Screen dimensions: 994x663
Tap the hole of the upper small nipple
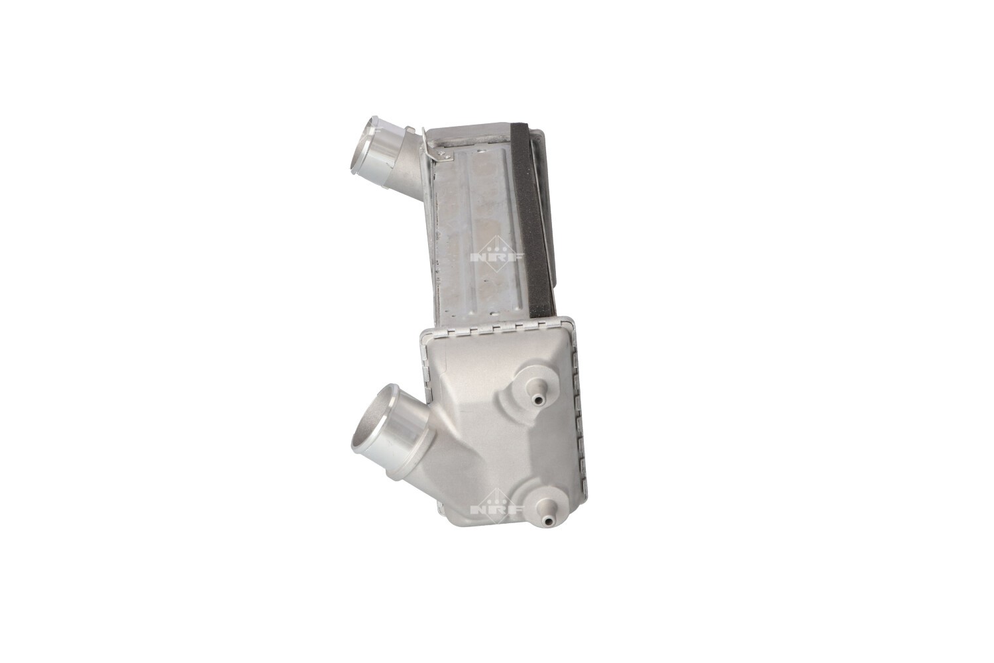point(538,400)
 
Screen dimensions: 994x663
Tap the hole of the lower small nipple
point(549,521)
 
